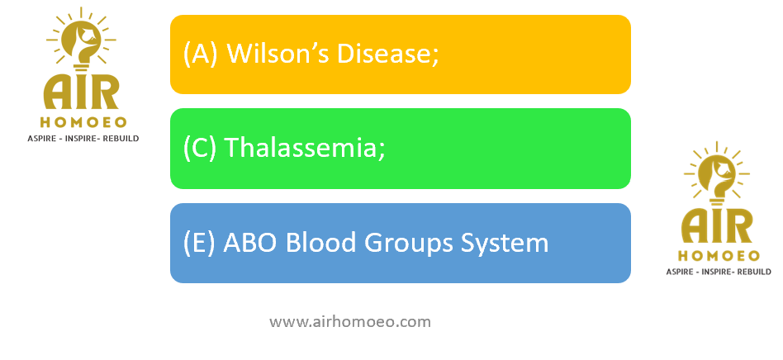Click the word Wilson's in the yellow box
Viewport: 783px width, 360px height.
pos(278,53)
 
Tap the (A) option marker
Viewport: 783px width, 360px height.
pos(200,54)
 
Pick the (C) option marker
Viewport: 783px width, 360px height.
pos(200,148)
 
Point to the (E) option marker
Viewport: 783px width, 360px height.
pos(199,243)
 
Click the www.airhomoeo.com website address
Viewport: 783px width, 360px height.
pos(350,322)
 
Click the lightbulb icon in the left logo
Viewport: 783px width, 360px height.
pos(82,39)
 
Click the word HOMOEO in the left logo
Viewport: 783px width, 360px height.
pos(83,122)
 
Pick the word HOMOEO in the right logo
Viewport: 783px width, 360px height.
pos(719,256)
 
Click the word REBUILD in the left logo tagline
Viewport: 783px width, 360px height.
pos(121,139)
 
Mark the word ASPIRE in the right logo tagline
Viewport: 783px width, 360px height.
pos(680,272)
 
